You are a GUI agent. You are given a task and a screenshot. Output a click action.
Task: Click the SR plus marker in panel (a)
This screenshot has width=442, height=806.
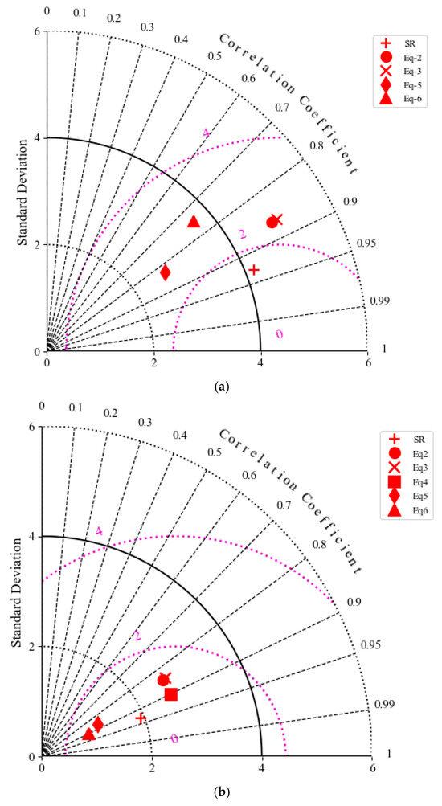pos(254,270)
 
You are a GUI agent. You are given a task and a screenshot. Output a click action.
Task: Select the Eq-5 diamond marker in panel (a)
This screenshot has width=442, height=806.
pos(166,272)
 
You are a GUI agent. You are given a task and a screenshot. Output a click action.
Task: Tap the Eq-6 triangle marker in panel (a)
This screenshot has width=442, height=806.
pos(194,222)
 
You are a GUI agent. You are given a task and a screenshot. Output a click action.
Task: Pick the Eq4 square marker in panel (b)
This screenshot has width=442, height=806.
pos(170,693)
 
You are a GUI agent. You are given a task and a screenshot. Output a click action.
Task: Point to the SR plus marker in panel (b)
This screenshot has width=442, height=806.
pos(141,718)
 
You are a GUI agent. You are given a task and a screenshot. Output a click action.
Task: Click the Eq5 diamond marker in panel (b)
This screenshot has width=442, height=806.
pos(98,724)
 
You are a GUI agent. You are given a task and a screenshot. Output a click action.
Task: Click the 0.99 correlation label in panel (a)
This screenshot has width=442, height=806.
pos(379,301)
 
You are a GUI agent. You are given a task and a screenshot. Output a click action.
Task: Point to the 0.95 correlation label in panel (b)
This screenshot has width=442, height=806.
pos(372,644)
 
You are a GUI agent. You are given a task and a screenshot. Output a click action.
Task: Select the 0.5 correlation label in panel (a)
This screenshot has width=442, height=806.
pos(215,56)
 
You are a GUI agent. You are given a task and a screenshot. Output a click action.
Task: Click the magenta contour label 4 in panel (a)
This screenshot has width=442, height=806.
pos(206,133)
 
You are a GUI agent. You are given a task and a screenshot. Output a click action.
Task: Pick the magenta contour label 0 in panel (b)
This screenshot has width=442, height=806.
pos(174,738)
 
